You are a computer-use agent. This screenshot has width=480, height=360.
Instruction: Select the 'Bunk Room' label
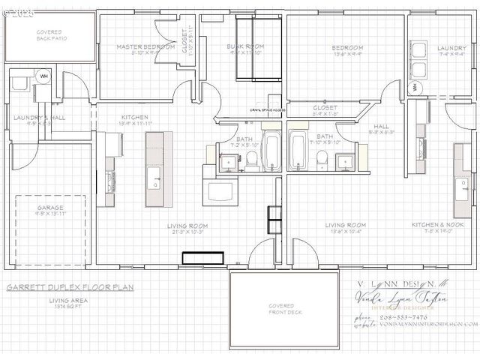coord(246,47)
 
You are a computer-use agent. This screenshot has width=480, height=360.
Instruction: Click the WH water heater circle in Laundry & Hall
coord(43,76)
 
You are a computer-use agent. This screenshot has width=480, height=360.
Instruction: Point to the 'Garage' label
coord(50,208)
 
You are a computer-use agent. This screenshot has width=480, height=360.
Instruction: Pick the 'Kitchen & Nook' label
coord(438,224)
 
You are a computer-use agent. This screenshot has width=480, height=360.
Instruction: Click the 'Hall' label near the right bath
coord(381,127)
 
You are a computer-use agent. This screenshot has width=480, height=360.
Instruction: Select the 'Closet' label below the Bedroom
coord(325,108)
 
